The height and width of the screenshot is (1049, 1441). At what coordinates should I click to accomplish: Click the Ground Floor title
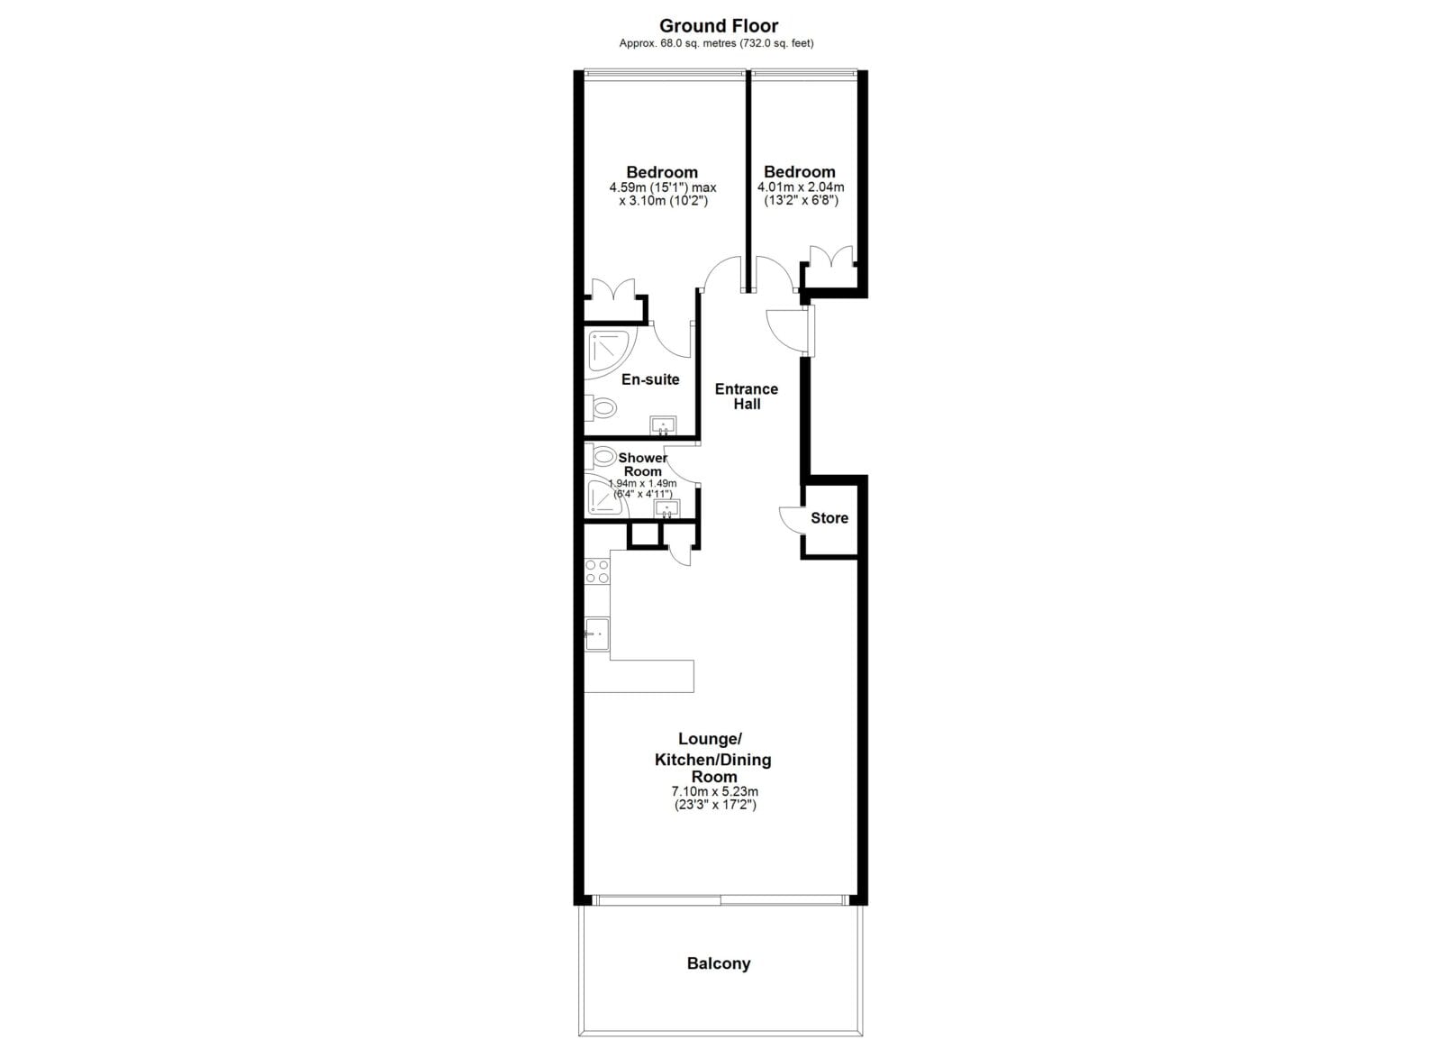tap(719, 26)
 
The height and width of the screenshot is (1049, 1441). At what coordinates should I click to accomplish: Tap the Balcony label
tap(719, 963)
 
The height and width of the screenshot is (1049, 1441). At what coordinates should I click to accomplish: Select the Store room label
tap(829, 518)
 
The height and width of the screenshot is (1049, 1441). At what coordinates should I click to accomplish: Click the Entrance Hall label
tap(747, 397)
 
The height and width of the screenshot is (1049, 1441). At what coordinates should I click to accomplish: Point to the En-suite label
tap(650, 379)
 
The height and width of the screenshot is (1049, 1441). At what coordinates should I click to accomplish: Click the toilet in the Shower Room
tap(600, 457)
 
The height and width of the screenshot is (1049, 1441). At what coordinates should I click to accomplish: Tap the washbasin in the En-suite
tap(663, 425)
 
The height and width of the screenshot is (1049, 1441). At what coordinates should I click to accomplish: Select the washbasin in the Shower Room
tap(667, 508)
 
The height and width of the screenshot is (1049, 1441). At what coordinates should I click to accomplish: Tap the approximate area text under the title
tap(716, 44)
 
